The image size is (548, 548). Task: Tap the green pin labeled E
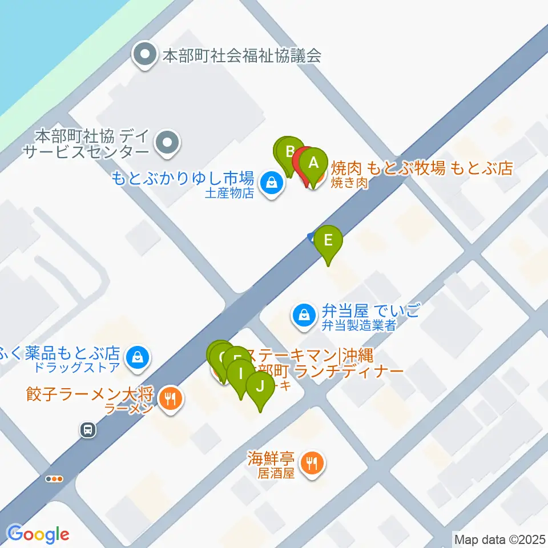[x=328, y=240]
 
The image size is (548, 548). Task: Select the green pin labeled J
[x=260, y=386]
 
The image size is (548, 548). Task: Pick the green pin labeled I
[x=241, y=374]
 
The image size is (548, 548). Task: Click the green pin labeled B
[x=289, y=151]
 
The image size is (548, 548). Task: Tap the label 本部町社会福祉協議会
[x=242, y=56]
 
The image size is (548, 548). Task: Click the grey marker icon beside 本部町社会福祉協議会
[x=144, y=55]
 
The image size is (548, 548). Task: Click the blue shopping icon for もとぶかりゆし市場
[x=271, y=183]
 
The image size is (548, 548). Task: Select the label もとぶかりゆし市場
[x=182, y=177]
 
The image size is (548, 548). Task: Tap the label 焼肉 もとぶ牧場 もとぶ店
[x=422, y=168]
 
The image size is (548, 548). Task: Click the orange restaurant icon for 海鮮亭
[x=312, y=461]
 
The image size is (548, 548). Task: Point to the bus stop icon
[x=87, y=429]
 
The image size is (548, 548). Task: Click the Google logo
[x=38, y=535]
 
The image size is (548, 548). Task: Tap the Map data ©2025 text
[x=498, y=538]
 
